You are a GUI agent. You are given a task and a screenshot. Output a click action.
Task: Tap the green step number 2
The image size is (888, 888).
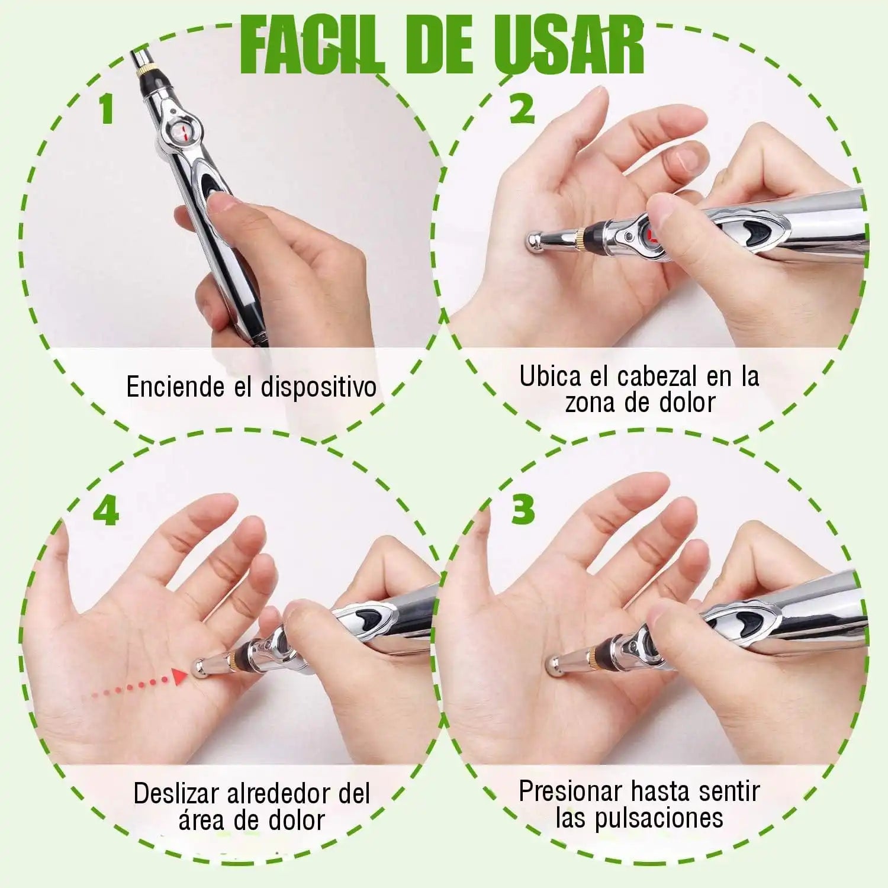(x=522, y=108)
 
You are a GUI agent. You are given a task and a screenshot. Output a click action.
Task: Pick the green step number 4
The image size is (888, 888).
(x=107, y=511)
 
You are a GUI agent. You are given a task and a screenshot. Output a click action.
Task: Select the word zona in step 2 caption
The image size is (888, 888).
(x=590, y=403)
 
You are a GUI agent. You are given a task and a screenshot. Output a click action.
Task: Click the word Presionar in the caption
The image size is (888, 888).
(x=571, y=792)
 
